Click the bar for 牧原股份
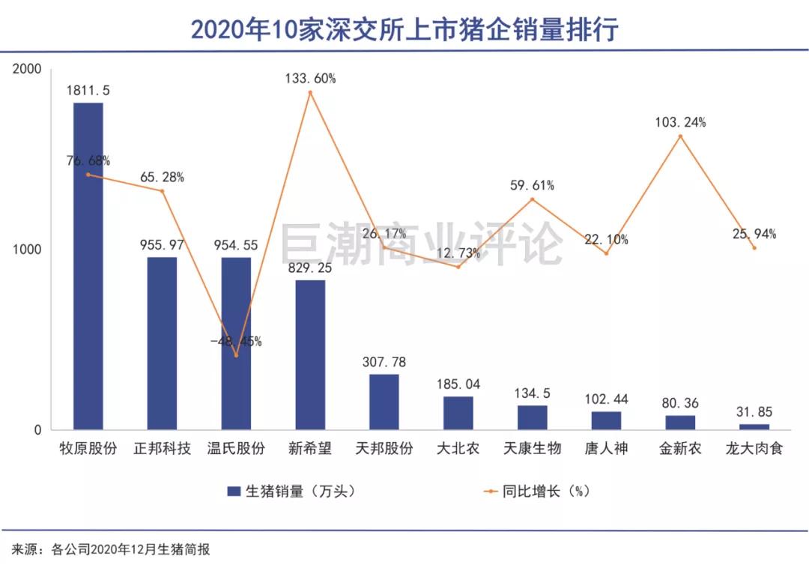(88, 266)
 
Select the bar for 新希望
(310, 354)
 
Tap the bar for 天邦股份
(384, 402)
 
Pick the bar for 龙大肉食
(754, 426)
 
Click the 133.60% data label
(310, 78)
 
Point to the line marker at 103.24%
(680, 136)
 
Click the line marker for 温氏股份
(236, 355)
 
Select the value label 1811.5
(88, 90)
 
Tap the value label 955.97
(162, 244)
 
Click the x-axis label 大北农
(458, 449)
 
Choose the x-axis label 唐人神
(606, 449)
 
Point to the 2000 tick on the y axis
(28, 69)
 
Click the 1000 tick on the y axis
(28, 250)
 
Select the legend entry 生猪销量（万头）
(290, 492)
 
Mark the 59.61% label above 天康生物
(532, 185)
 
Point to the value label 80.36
(680, 403)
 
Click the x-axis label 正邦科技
(162, 449)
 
